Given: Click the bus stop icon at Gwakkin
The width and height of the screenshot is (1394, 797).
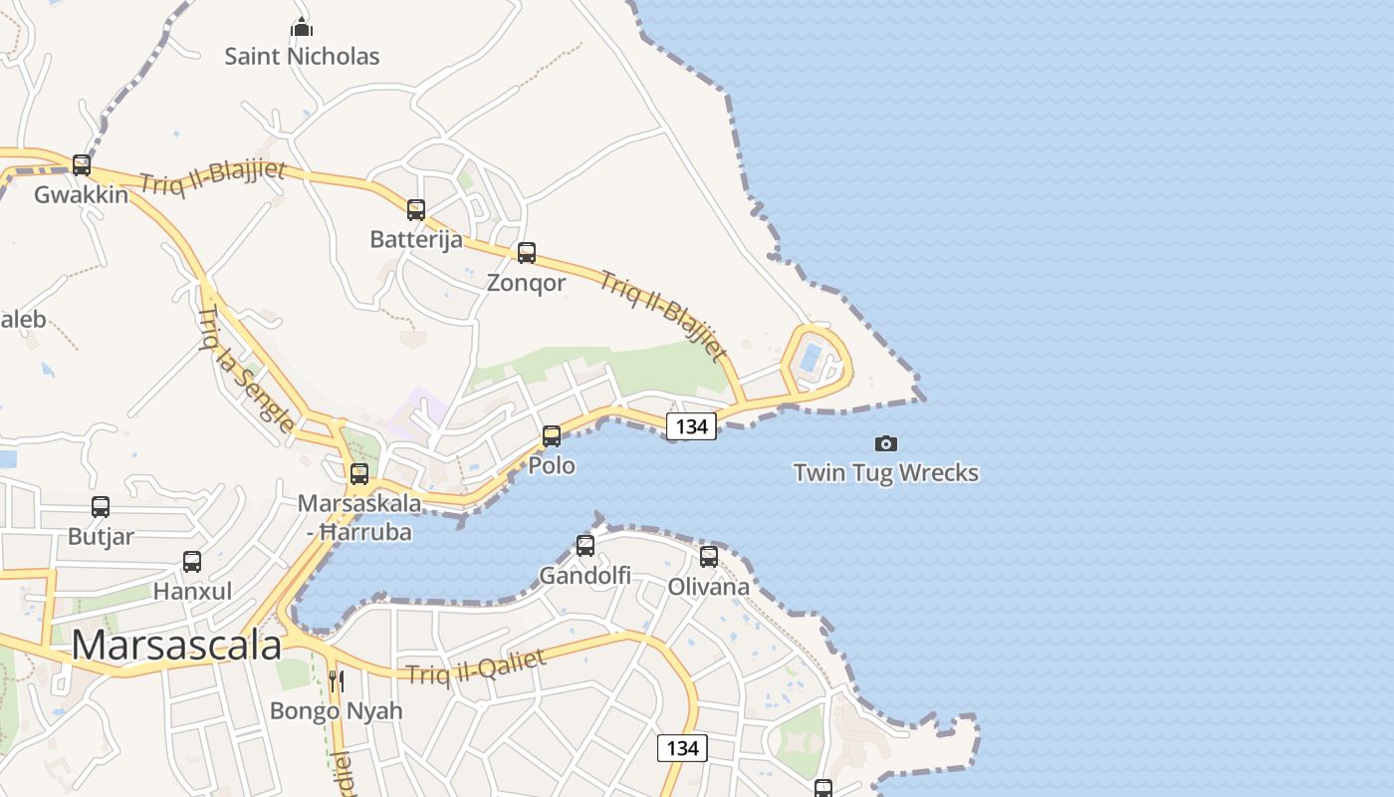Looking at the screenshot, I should coord(82,164).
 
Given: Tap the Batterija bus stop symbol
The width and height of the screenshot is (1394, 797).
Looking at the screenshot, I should coord(416,210).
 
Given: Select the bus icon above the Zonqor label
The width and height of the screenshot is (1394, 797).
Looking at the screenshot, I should coord(527,253).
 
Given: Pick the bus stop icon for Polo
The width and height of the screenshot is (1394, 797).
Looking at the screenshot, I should coord(552,435).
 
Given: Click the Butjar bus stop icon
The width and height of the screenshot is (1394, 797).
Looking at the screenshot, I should coord(101,507).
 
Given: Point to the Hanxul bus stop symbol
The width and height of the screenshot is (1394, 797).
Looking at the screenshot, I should coord(192,562).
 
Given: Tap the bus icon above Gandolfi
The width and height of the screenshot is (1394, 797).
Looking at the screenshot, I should coord(585,546).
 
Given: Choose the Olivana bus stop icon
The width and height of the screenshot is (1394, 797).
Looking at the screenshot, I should coord(709,557).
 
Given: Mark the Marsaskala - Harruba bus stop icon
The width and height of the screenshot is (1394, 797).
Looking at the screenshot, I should coord(359,474).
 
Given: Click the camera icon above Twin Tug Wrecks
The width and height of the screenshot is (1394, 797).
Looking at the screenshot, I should coord(885,443).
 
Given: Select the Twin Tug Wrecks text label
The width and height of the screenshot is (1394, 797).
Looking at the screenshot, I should coord(885,472).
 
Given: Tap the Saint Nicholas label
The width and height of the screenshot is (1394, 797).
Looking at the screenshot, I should coord(302,56).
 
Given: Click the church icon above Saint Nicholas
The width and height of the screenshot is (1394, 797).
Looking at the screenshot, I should coord(302,27).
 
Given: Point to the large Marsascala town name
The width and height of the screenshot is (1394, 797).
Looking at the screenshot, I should coord(176,646).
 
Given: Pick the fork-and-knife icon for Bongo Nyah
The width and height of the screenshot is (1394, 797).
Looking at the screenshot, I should coord(337,681).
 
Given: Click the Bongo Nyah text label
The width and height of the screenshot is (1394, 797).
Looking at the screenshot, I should coord(337,710).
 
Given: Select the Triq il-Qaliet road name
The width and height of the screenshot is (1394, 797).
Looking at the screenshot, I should coord(476,665).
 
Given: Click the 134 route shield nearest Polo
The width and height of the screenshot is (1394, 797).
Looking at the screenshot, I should coord(691,426).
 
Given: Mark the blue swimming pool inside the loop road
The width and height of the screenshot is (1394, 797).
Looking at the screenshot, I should coord(812,356).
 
